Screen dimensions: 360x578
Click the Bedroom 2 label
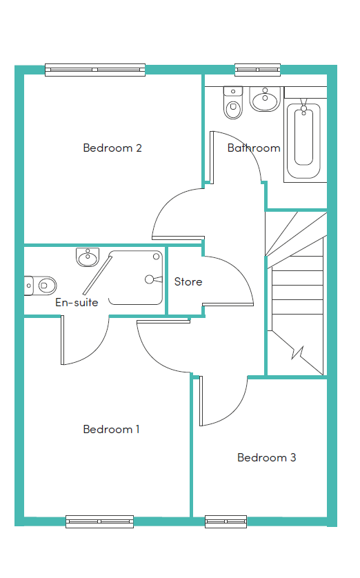(112, 148)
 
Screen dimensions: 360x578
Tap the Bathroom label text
(254, 148)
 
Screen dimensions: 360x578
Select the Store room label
(188, 281)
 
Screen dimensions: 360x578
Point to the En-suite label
(77, 302)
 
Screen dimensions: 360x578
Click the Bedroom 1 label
(111, 429)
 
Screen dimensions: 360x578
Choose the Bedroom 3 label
(267, 457)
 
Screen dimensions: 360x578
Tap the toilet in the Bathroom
(233, 103)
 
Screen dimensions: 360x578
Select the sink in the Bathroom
(265, 99)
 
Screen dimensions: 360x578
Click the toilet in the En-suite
(40, 286)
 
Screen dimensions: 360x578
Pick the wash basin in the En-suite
(88, 257)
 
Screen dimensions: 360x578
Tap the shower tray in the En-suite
(136, 278)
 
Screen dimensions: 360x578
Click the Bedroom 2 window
(95, 70)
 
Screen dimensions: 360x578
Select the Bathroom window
(257, 70)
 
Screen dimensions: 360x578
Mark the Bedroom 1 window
(99, 521)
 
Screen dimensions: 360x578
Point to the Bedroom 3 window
(226, 521)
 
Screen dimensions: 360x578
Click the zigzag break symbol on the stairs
(297, 352)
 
